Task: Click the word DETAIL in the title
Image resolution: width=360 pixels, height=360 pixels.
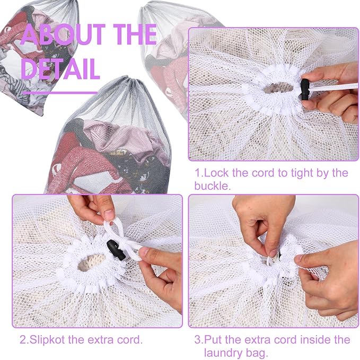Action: [60, 68]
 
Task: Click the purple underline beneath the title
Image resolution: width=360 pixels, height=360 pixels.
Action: [60, 93]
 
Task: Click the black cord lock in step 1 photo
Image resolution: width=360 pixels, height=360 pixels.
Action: [305, 90]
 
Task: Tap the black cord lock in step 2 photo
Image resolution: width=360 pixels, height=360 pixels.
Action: [116, 250]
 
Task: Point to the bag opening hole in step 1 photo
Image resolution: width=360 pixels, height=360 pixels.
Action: [278, 87]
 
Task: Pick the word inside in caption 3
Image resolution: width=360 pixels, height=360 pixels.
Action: [315, 339]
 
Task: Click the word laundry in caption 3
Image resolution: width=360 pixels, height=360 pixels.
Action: [222, 353]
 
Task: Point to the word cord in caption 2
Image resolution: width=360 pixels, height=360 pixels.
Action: [130, 339]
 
